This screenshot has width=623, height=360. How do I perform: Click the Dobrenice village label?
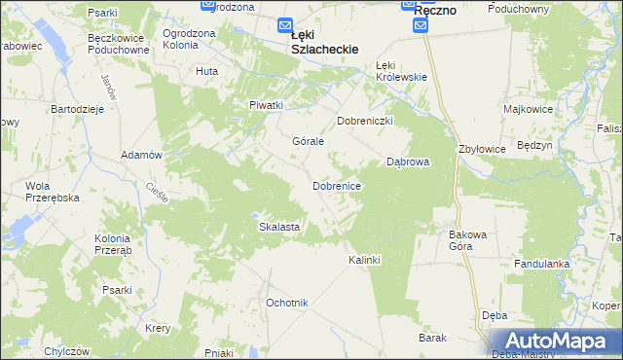click(x=338, y=185)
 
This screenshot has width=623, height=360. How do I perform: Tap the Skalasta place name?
click(x=278, y=227)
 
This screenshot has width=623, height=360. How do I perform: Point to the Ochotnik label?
click(x=287, y=304)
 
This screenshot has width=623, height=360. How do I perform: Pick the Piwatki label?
click(x=266, y=105)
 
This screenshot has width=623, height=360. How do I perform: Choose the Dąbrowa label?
click(x=408, y=162)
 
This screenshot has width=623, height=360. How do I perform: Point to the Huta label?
click(x=206, y=71)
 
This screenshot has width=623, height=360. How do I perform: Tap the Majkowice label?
click(x=530, y=109)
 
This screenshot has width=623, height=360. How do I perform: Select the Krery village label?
click(x=158, y=328)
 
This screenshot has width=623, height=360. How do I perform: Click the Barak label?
click(x=432, y=338)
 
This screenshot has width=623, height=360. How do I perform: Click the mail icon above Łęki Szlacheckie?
click(x=284, y=26)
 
